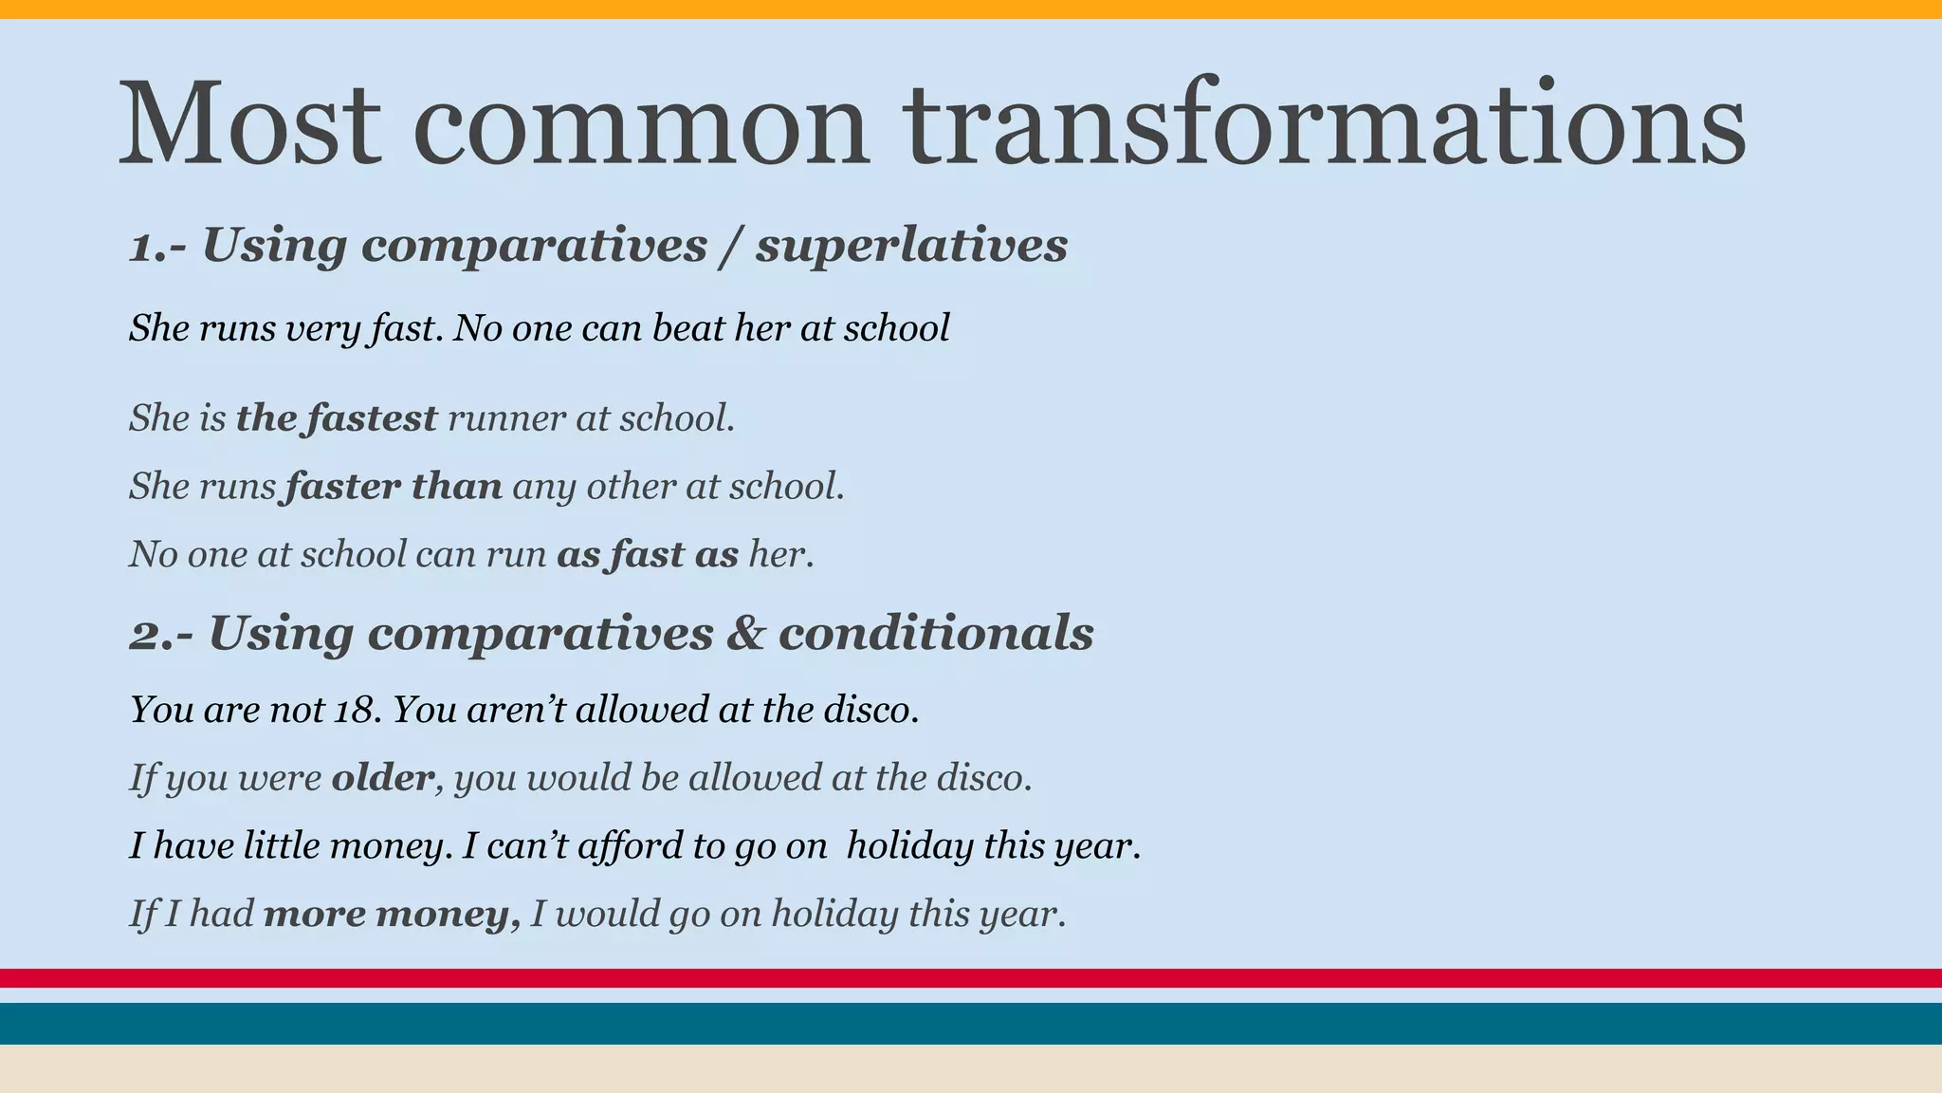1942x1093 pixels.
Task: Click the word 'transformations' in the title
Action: coord(1323,123)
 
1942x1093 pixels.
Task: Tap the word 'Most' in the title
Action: coord(249,123)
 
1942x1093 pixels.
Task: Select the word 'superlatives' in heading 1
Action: coord(911,245)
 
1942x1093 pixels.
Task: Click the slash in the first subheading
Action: coord(730,247)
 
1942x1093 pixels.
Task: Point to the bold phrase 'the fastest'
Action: coord(336,418)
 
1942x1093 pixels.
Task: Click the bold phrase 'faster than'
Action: coord(393,487)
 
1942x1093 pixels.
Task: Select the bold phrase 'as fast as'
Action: coord(647,555)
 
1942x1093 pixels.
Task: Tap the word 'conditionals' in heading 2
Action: coord(936,633)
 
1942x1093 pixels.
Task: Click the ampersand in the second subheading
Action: coord(745,634)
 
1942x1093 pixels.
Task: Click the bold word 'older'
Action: coord(382,778)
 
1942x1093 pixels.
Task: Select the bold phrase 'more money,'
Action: coord(391,915)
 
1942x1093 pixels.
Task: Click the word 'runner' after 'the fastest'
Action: coord(506,418)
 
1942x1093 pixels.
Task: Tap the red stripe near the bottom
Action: coord(971,978)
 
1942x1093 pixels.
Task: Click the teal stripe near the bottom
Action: coord(971,1024)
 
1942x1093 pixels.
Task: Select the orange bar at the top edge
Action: coord(971,9)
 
